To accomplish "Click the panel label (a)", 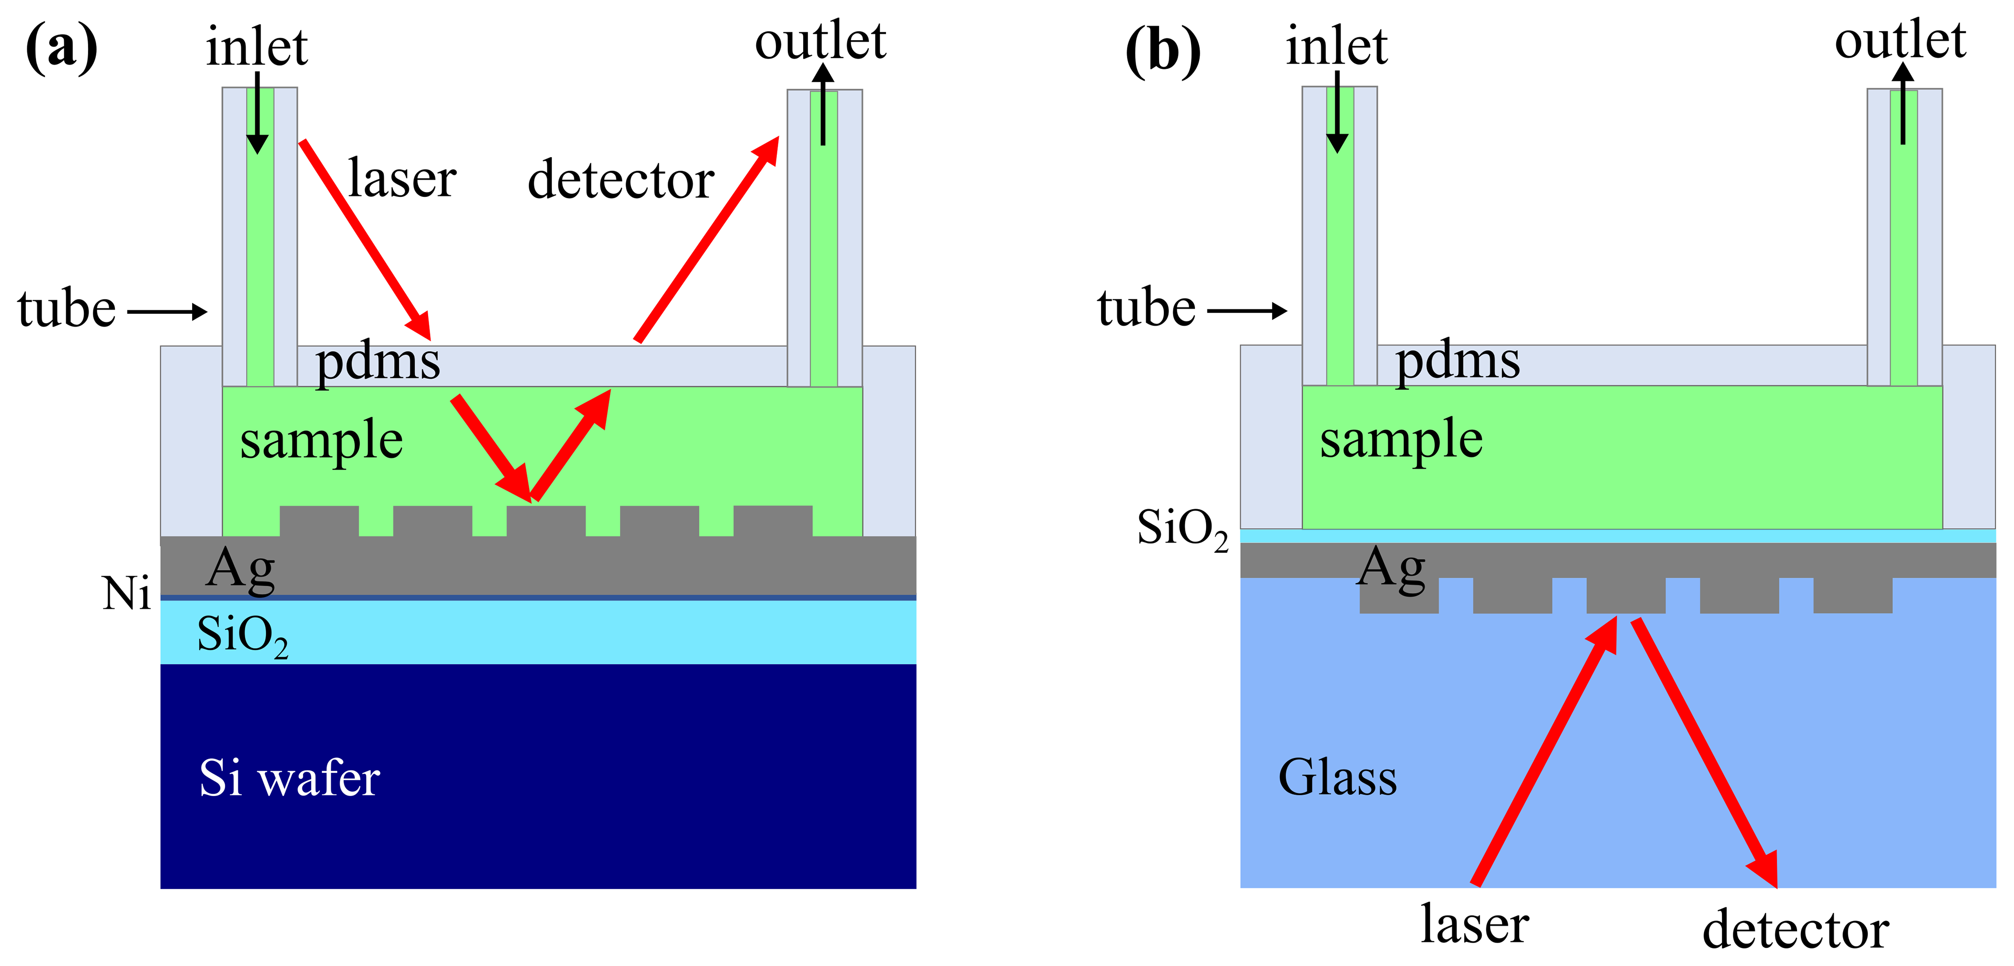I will click(62, 48).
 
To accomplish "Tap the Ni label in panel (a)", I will click(126, 593).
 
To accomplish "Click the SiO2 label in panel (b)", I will click(1182, 529).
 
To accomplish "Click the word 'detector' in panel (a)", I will click(621, 180).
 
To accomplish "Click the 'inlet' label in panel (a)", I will click(256, 47).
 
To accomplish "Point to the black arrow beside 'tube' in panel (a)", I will click(167, 312).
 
